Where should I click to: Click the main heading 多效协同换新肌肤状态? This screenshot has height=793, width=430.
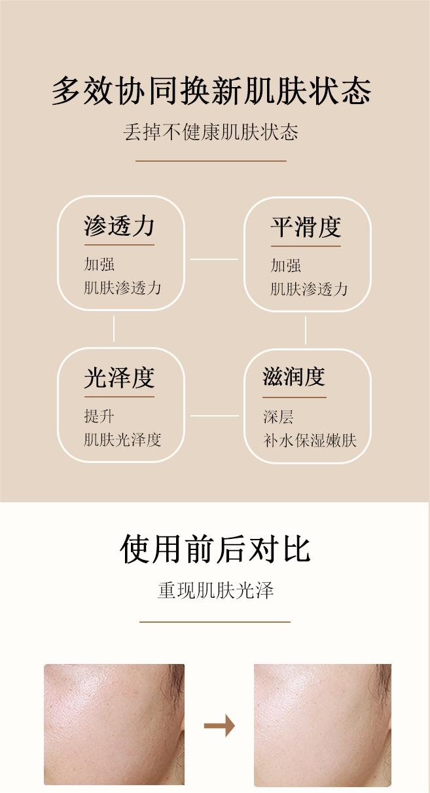(211, 91)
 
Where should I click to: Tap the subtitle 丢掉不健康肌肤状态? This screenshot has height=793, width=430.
(211, 133)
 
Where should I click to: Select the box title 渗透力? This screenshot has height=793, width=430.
(119, 226)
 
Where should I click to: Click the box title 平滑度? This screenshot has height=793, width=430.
(306, 227)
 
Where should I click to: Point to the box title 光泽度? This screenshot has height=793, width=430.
(119, 378)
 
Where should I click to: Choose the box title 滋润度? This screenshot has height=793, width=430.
(294, 377)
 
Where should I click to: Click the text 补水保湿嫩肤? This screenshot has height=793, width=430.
(310, 440)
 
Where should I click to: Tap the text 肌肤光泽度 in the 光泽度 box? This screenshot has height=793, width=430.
(122, 439)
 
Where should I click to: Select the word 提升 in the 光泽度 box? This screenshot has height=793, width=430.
(99, 416)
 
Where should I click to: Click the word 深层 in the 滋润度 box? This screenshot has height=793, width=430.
(278, 417)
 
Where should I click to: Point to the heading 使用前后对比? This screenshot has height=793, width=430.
(215, 549)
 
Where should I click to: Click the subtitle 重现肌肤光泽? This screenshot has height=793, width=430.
(215, 591)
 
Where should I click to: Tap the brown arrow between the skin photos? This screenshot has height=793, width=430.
(219, 726)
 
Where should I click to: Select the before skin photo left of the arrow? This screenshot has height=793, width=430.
(114, 724)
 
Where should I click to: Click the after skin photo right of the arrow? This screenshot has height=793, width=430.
(322, 724)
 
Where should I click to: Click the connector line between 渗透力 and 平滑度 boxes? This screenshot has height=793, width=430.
(214, 259)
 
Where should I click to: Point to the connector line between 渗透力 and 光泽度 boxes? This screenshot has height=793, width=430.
(114, 329)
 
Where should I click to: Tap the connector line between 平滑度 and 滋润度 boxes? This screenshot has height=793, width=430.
(306, 330)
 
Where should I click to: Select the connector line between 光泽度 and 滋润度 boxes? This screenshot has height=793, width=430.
(214, 415)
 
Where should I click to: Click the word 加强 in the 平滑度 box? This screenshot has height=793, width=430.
(286, 265)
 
